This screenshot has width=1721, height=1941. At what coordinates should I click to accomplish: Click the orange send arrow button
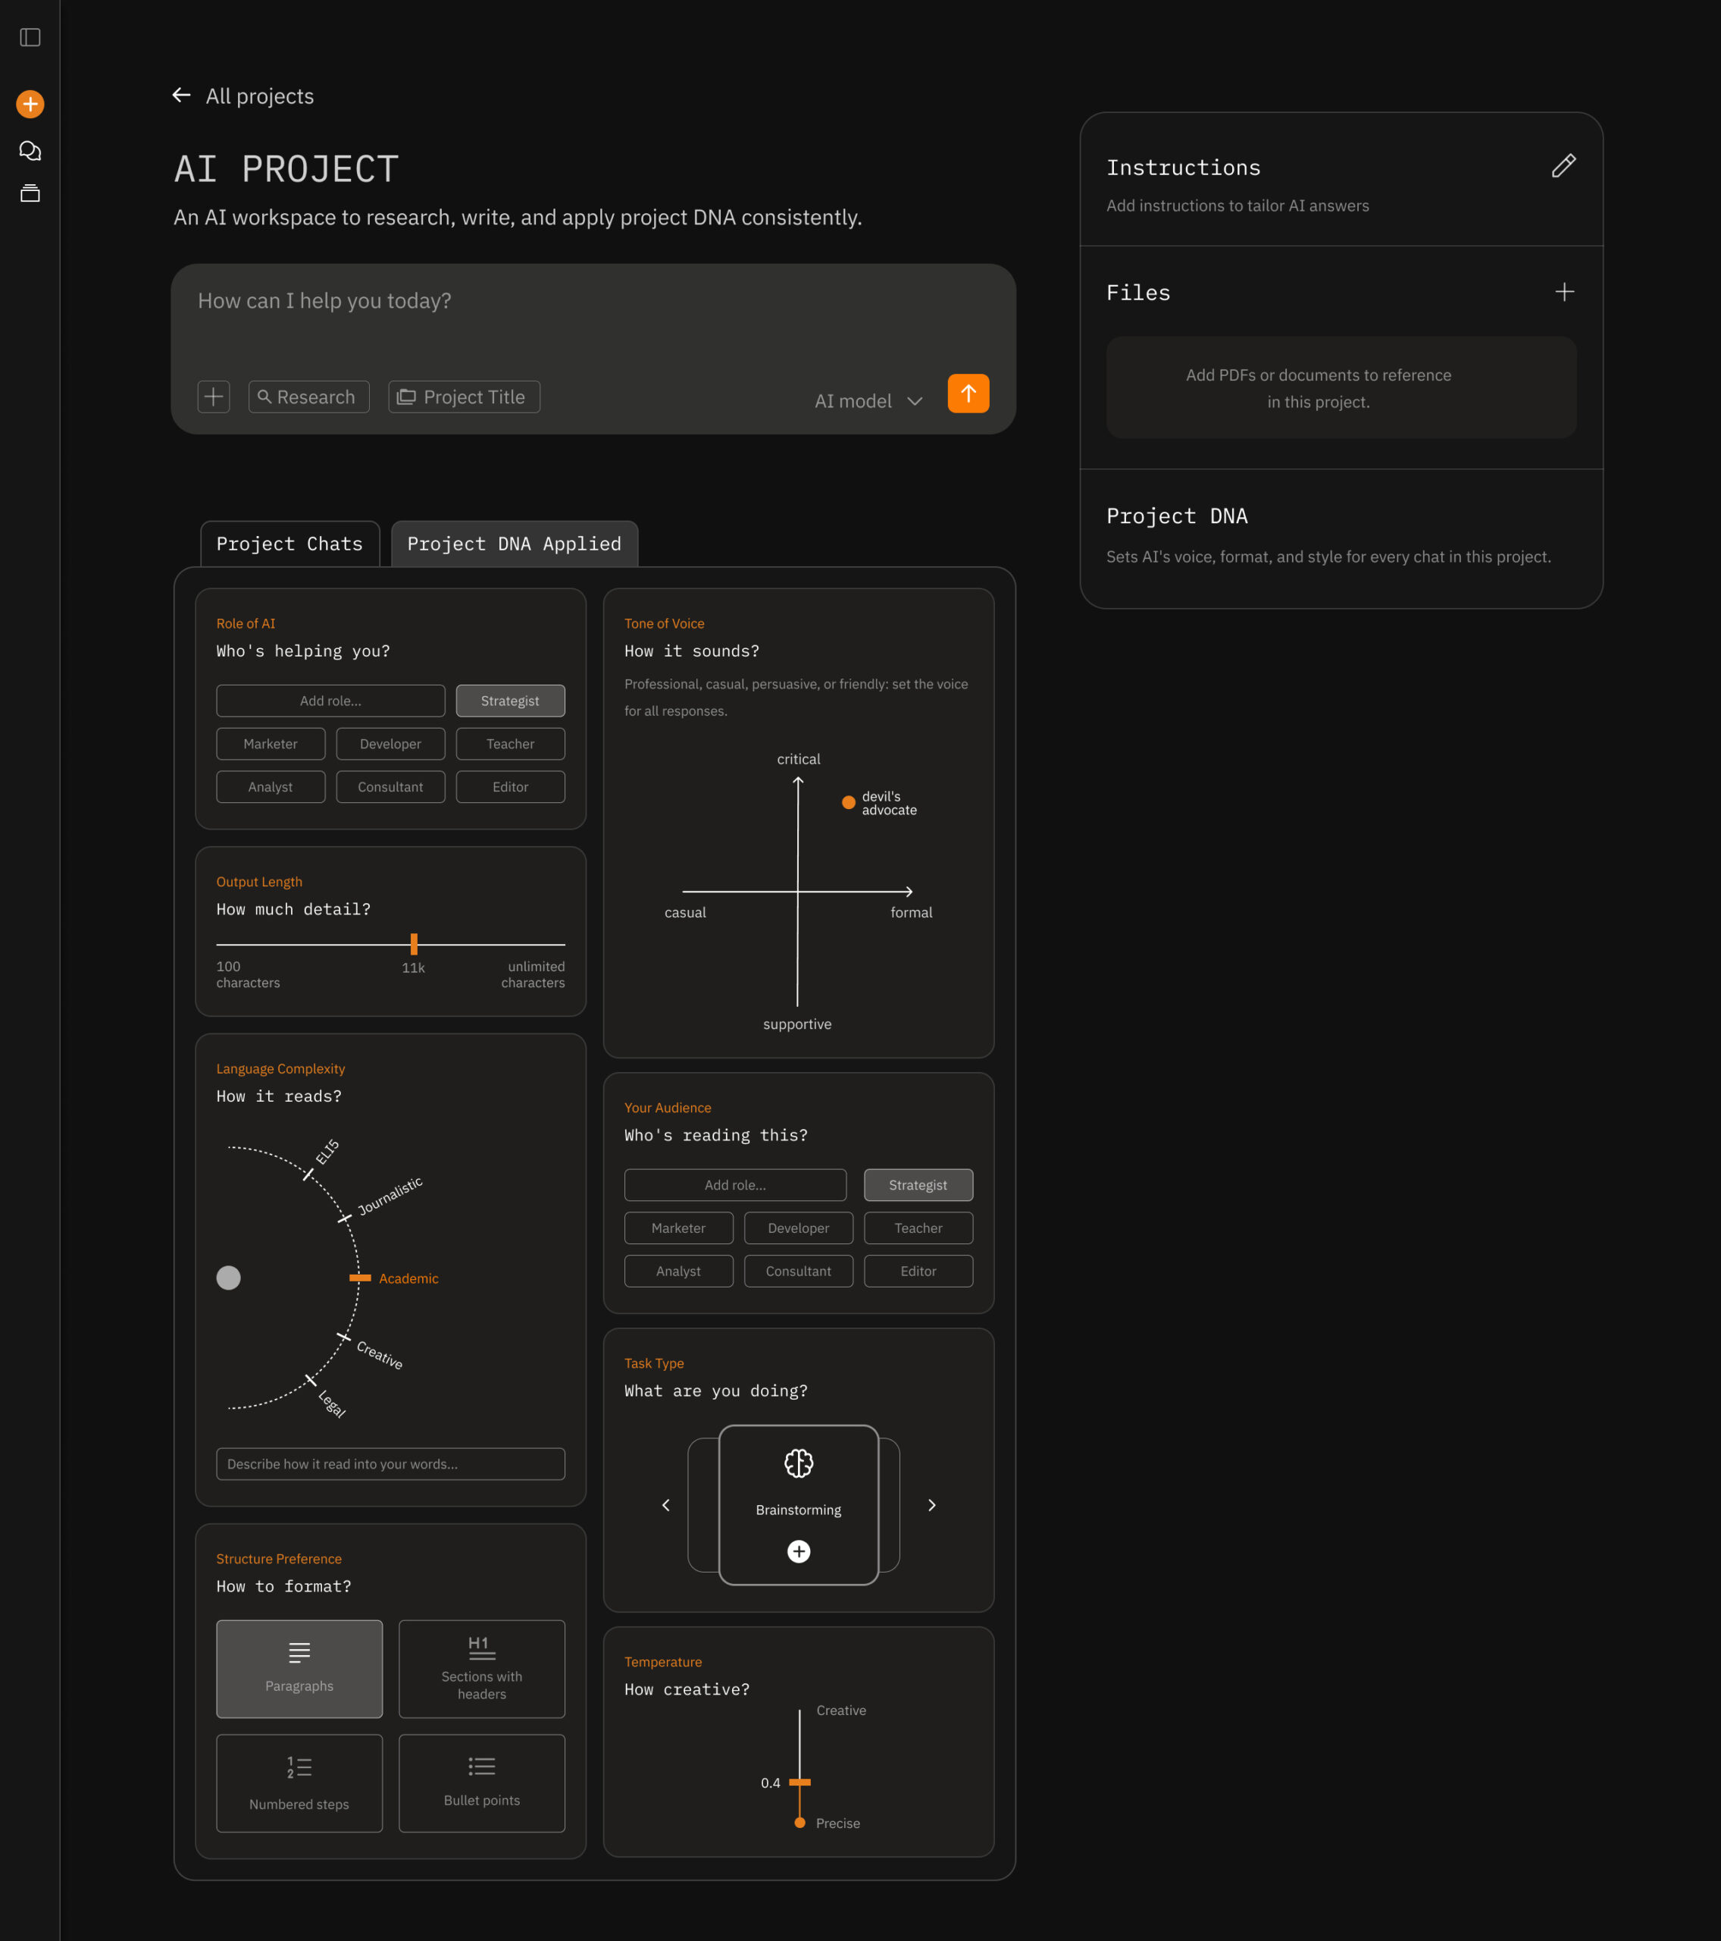[968, 394]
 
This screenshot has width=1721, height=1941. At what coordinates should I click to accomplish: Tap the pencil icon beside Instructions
[1563, 166]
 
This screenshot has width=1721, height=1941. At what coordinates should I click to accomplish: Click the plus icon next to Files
[1564, 292]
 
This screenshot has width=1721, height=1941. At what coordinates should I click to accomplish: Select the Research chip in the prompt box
[308, 397]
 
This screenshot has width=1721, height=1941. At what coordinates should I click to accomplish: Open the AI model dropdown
[868, 401]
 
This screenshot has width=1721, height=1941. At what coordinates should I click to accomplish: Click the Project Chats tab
[289, 544]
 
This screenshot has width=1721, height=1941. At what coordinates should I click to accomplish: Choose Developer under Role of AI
[390, 744]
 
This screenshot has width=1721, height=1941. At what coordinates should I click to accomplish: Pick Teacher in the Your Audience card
[918, 1228]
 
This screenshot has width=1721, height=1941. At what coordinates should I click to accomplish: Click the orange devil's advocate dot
[849, 802]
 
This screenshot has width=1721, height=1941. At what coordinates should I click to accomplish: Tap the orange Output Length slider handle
[414, 944]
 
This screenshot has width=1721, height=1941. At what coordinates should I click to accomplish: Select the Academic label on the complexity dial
[408, 1278]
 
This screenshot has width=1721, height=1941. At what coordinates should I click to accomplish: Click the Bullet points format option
[481, 1783]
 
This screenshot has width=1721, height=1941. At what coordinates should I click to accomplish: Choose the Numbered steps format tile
[299, 1783]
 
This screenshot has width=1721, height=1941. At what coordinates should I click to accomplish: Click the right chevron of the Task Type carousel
[932, 1505]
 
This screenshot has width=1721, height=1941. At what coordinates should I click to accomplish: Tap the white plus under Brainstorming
[798, 1551]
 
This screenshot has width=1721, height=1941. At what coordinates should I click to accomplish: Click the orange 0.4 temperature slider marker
[799, 1783]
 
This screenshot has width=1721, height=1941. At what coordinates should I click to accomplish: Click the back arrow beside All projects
[181, 95]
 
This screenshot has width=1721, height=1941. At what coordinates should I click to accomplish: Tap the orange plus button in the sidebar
[30, 104]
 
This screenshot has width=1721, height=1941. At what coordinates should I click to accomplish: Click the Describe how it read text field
[390, 1463]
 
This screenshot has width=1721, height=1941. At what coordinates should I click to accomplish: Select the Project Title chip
[465, 397]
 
